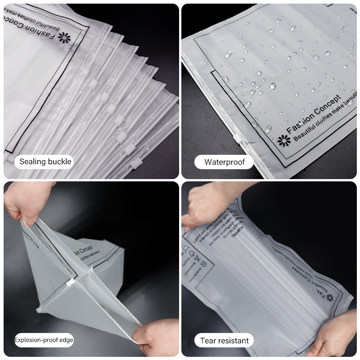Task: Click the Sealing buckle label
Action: [45, 162]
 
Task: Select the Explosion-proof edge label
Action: [44, 340]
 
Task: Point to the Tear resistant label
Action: [224, 341]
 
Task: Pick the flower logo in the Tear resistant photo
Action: [330, 297]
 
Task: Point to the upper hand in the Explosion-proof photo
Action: [27, 202]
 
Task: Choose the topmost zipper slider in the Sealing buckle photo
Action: [93, 84]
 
